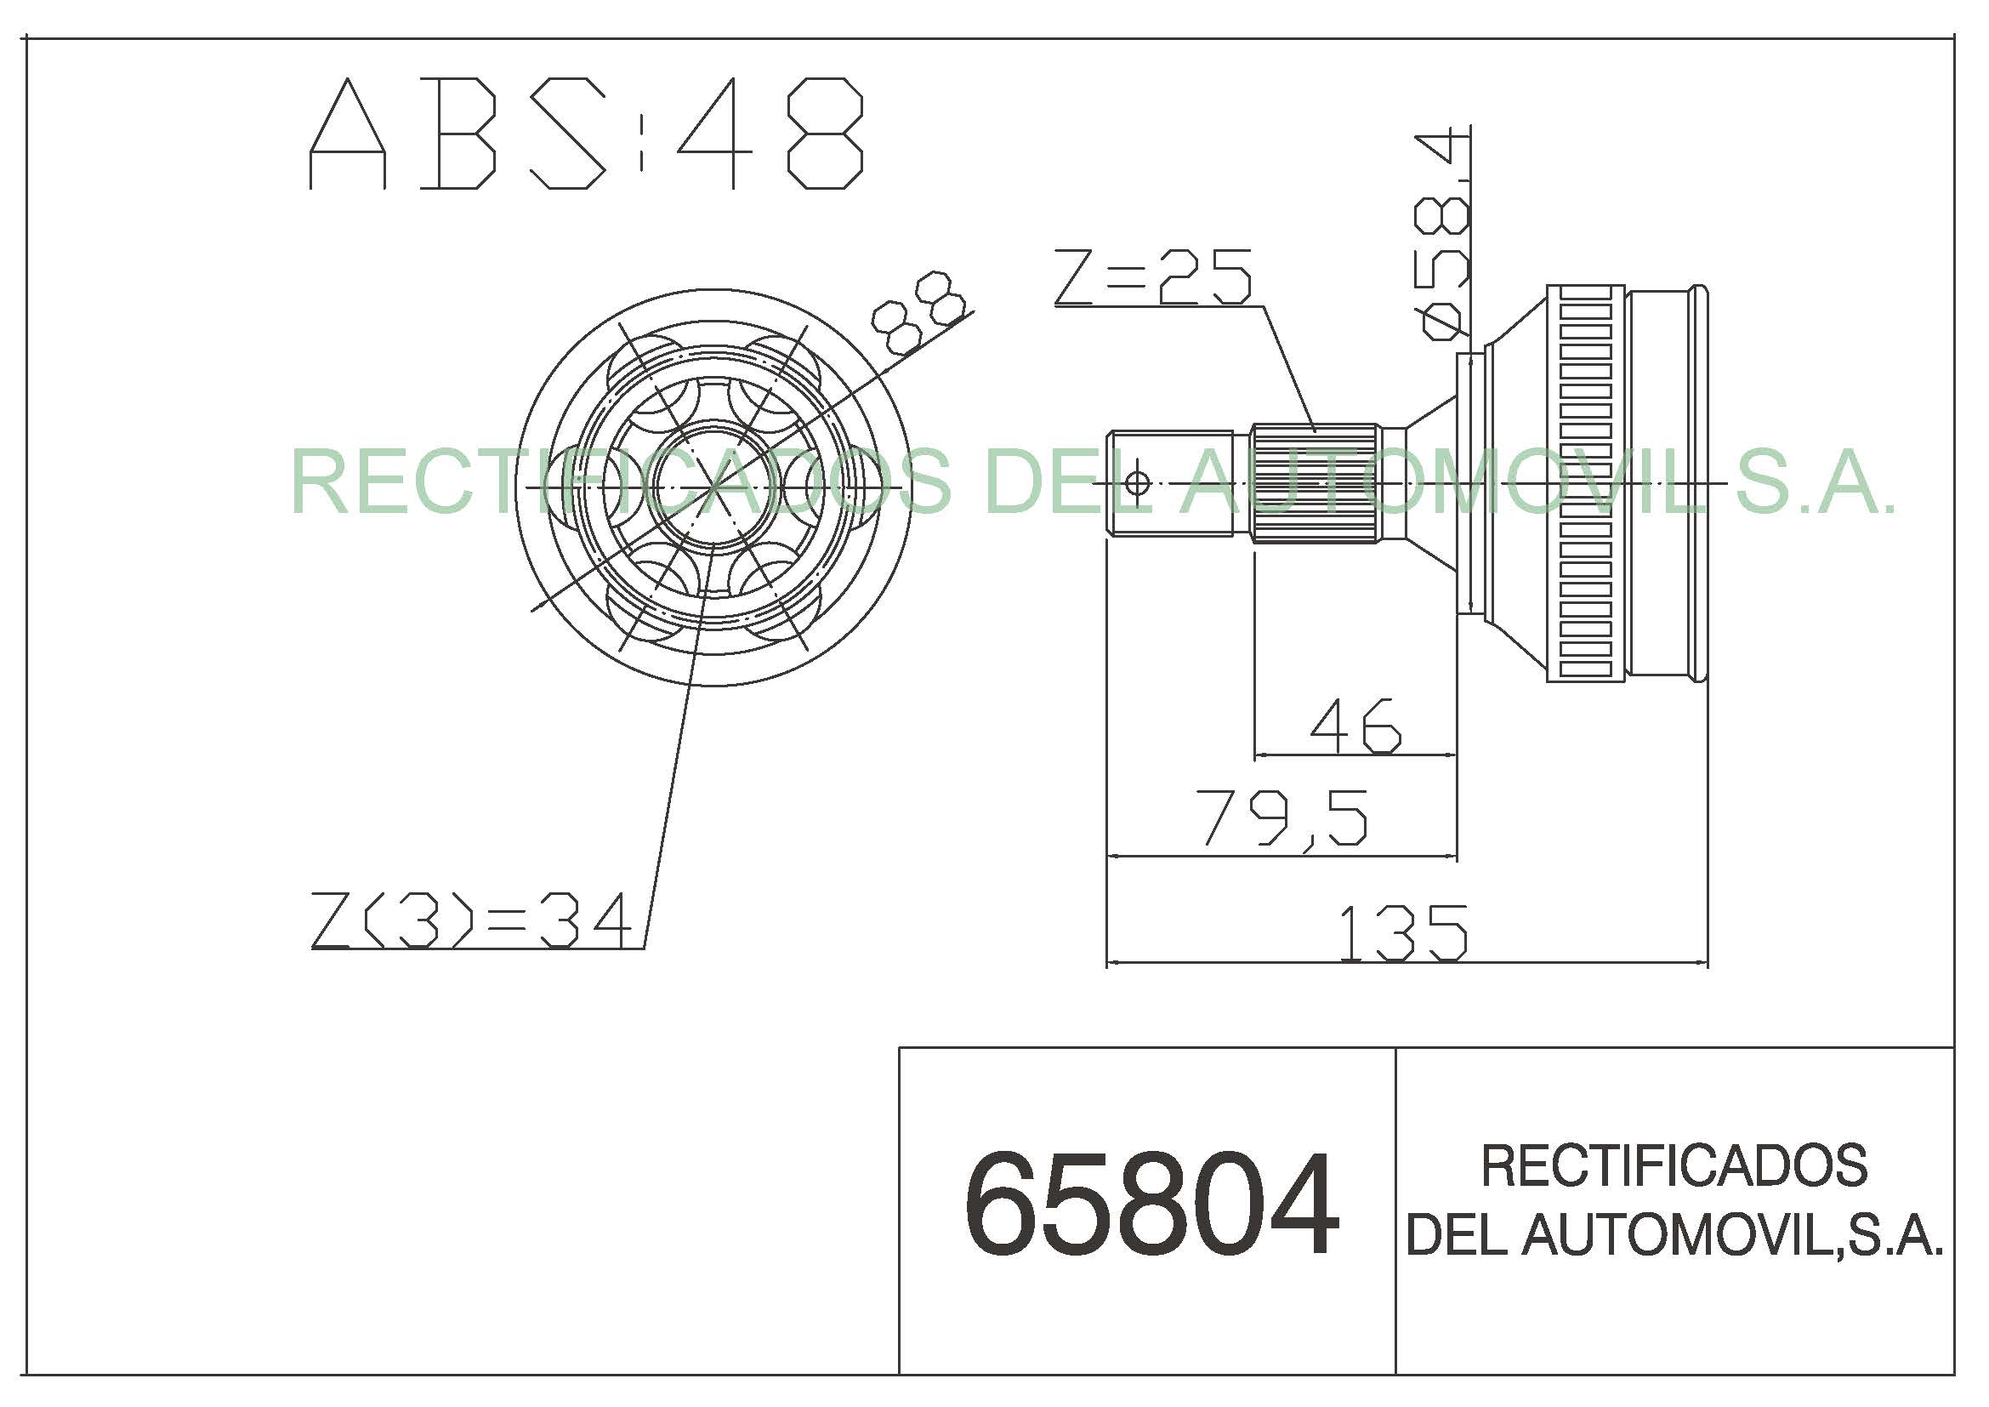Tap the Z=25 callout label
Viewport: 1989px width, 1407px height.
coord(1153,277)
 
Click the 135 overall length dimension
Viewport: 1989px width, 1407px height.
coord(1403,932)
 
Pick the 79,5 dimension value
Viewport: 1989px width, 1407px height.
coord(1283,817)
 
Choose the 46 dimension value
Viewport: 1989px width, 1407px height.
coord(1355,726)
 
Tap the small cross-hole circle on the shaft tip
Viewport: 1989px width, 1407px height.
coord(1138,482)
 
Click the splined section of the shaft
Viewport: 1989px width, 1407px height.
coord(1315,482)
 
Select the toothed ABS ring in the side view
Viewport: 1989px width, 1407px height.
coord(1584,482)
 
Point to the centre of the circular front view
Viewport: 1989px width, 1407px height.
coord(712,487)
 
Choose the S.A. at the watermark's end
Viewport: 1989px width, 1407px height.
coord(1816,481)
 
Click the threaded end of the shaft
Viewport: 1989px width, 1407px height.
coord(1169,482)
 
